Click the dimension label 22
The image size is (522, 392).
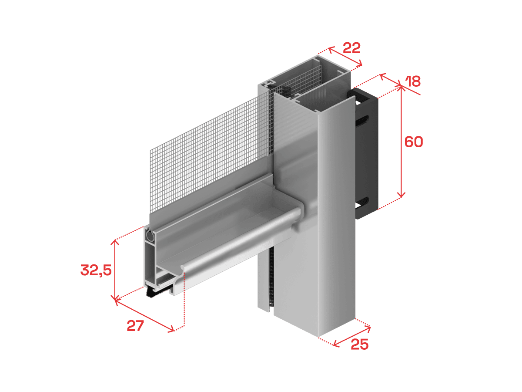tap(351, 48)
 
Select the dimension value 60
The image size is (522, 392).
tap(414, 142)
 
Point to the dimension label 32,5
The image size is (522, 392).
tap(96, 270)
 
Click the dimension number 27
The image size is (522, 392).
tap(135, 326)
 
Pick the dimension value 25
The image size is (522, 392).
tap(360, 344)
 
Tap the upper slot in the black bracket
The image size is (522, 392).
tap(362, 119)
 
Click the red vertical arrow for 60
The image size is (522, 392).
tap(401, 142)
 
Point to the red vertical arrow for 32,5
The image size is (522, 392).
tap(115, 270)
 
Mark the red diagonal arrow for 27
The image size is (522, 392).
tap(145, 316)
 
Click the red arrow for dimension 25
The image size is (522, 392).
tap(352, 337)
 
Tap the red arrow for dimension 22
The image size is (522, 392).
tap(345, 57)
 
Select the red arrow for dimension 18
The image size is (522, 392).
tap(390, 80)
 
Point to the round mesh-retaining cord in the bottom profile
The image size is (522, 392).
tap(150, 236)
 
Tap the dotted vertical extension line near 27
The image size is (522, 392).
tap(184, 299)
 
